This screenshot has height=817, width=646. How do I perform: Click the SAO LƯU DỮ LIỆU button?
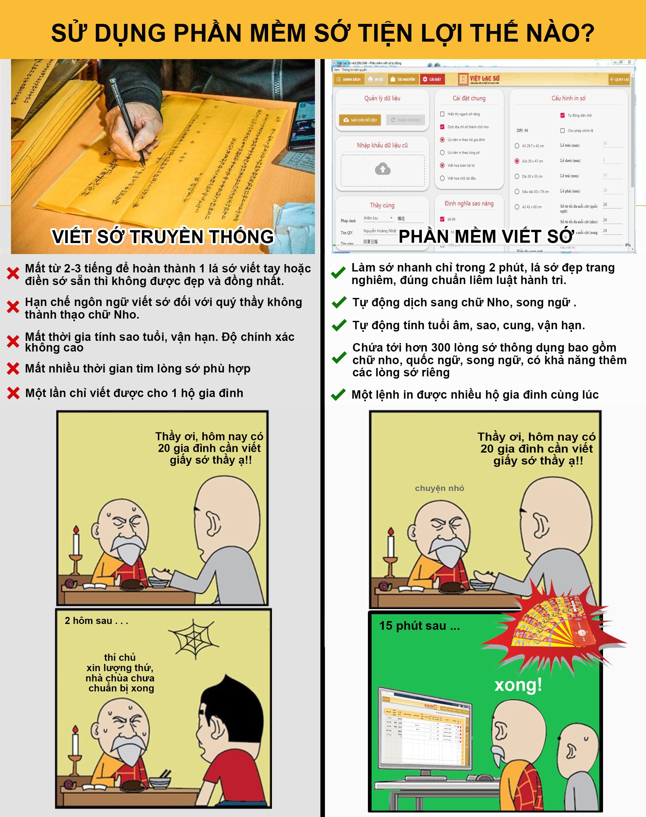point(360,120)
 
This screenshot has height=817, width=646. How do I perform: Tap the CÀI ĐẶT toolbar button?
point(432,79)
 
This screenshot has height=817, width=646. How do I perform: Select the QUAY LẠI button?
point(619,79)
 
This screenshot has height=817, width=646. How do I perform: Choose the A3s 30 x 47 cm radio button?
point(517,161)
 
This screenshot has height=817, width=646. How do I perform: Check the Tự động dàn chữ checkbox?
point(562,115)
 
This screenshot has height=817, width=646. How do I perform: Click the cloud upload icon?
point(382,169)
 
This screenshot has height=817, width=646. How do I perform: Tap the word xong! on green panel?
point(518,685)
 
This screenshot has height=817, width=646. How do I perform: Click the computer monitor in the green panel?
point(425,729)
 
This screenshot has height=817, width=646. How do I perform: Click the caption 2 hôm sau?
point(96,621)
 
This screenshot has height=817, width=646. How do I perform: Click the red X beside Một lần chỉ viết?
point(13,393)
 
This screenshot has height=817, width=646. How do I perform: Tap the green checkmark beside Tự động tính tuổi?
point(339,325)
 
